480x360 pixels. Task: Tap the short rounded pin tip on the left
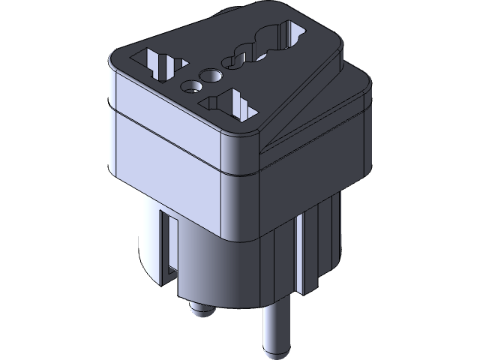click(196, 310)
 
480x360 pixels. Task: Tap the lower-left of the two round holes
click(189, 85)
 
